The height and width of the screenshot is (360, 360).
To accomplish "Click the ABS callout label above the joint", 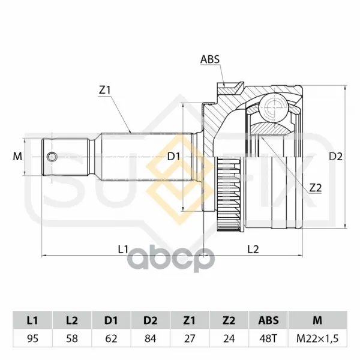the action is click(210, 59).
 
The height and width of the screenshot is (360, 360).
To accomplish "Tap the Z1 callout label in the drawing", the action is click(104, 90).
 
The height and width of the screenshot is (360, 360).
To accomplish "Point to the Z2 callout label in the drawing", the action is click(316, 188).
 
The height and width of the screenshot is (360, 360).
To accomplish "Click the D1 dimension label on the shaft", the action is click(173, 157).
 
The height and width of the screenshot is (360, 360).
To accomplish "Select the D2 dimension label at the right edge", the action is click(335, 157).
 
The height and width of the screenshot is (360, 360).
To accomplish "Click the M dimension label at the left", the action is click(17, 157).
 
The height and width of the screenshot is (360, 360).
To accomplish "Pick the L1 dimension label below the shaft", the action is click(123, 249).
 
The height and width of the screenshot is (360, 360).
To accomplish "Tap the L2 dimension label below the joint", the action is click(253, 249).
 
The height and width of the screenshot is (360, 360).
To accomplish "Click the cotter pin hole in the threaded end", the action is click(52, 157).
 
